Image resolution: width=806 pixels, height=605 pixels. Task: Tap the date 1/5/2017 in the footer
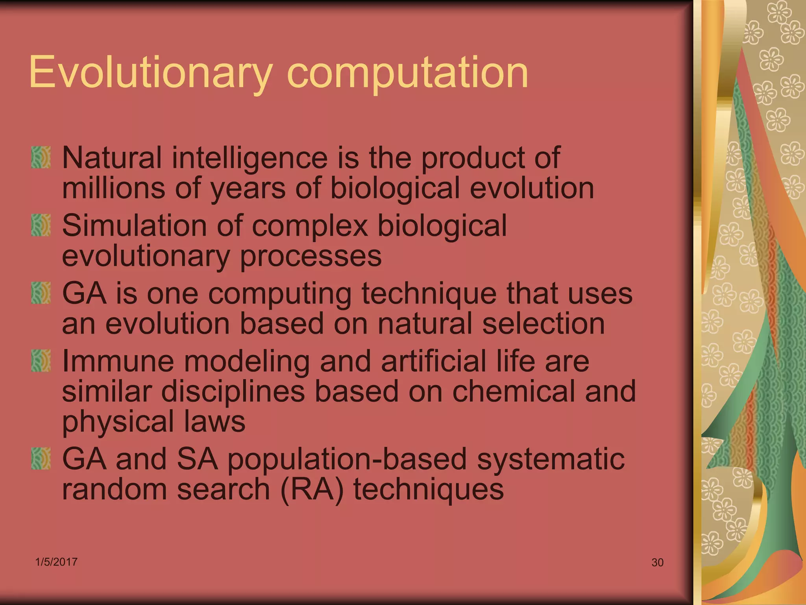(x=56, y=562)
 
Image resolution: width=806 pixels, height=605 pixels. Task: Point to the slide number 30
(x=657, y=562)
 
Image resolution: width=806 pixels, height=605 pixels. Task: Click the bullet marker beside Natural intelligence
(x=41, y=158)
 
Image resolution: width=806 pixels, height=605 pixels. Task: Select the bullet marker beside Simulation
(x=41, y=225)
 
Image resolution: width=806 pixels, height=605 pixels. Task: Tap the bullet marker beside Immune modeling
(x=41, y=361)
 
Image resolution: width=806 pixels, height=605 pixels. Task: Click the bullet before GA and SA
(x=41, y=458)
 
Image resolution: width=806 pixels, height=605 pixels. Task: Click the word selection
(x=543, y=324)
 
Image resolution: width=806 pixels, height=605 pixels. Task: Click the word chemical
(x=514, y=392)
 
